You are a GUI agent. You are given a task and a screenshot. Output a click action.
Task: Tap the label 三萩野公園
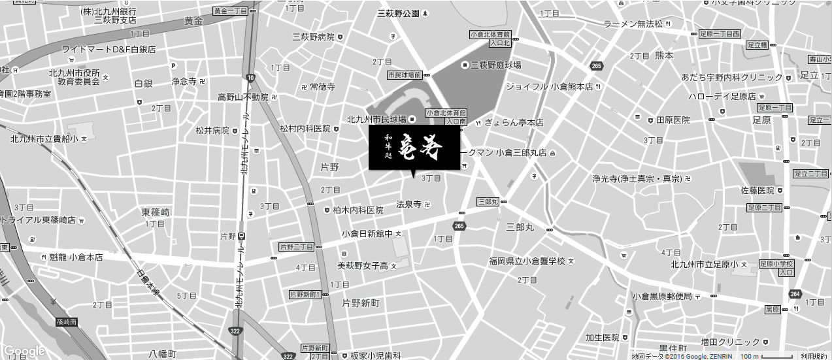(398, 12)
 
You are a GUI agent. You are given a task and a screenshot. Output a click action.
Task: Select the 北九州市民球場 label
(376, 120)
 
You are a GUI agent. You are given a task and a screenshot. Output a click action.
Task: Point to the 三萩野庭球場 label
(495, 65)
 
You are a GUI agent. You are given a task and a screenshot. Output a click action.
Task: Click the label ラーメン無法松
(633, 24)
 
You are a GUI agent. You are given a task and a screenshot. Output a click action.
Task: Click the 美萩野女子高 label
(363, 266)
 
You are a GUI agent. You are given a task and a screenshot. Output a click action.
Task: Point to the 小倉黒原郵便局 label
(661, 297)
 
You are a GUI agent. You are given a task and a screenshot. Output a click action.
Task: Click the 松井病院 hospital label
(212, 131)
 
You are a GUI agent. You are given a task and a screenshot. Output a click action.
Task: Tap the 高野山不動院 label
(243, 97)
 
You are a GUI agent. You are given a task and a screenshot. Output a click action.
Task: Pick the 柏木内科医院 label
(358, 210)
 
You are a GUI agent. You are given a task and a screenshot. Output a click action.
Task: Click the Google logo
(24, 352)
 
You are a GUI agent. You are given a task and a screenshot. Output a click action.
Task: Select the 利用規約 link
(814, 356)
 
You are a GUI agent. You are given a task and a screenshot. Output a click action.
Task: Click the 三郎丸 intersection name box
(488, 203)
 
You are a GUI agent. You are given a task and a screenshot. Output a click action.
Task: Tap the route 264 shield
(795, 293)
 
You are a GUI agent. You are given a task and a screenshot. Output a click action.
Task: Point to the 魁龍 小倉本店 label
(76, 257)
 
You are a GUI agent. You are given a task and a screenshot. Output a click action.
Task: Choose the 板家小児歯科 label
(374, 355)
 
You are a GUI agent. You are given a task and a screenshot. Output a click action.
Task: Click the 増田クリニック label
(731, 342)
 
